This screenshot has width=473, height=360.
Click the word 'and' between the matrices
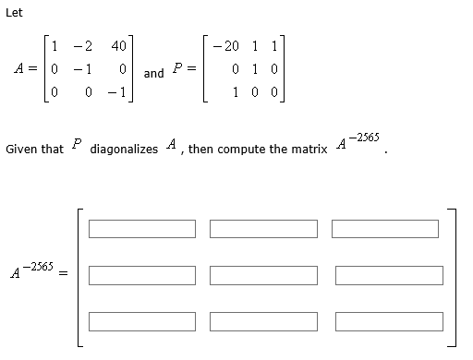154,73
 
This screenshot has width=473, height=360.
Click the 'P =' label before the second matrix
183,69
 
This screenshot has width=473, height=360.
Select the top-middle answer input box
263,228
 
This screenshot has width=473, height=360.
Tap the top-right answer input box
386,228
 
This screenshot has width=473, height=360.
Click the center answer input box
263,275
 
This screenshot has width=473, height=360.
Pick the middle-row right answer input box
386,275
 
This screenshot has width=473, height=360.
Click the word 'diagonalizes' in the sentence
124,149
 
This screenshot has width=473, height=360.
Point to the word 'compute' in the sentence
243,149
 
